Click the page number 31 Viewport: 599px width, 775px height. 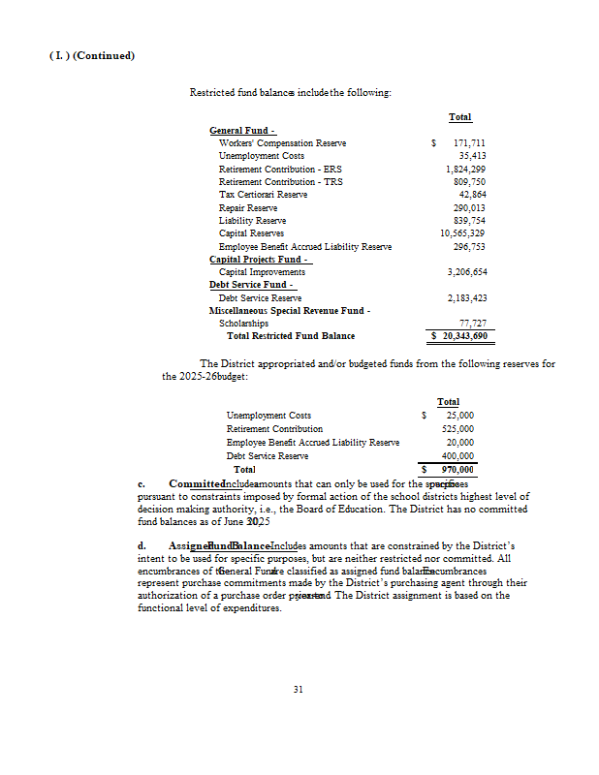tap(299, 690)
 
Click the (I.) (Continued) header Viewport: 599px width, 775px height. tap(91, 55)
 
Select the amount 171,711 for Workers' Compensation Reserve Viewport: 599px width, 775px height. tap(469, 143)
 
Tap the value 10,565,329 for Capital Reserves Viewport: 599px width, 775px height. tap(462, 233)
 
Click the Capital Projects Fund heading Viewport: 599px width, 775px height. tap(260, 260)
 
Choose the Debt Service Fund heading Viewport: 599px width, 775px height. tap(248, 285)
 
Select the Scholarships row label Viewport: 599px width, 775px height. tap(237, 324)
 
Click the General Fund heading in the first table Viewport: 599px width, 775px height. tap(242, 131)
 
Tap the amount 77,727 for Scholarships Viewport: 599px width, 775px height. tap(472, 324)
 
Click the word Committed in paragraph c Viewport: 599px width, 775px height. tap(196, 482)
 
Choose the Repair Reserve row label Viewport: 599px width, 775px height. tap(248, 208)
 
